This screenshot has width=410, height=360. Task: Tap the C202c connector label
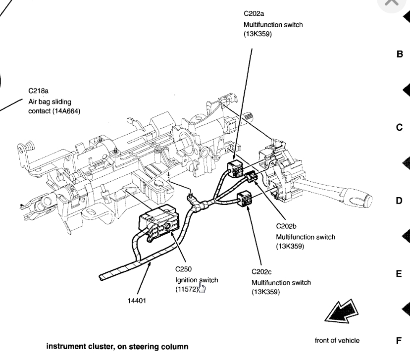click(263, 272)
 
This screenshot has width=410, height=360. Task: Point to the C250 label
click(183, 270)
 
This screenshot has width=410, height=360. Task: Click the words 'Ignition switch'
click(197, 280)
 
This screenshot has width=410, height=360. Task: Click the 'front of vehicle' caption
click(337, 340)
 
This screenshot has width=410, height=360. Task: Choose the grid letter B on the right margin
click(400, 54)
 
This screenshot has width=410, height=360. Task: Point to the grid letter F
click(399, 341)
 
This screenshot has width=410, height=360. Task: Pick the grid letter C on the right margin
click(399, 128)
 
